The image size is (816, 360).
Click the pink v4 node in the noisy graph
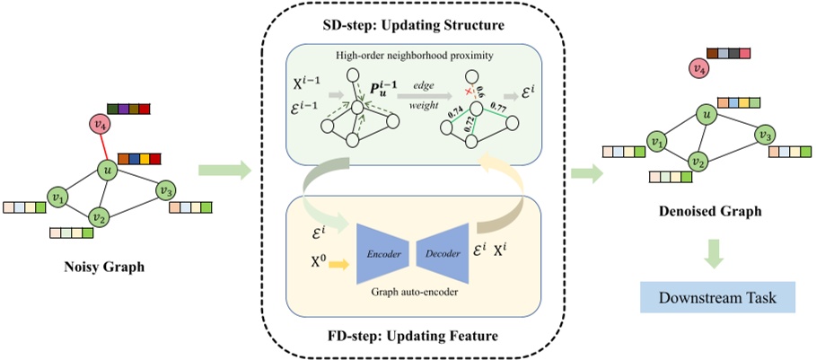(101, 124)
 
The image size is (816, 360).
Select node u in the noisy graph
(108, 171)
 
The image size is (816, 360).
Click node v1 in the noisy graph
(57, 196)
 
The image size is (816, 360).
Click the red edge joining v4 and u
(104, 147)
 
